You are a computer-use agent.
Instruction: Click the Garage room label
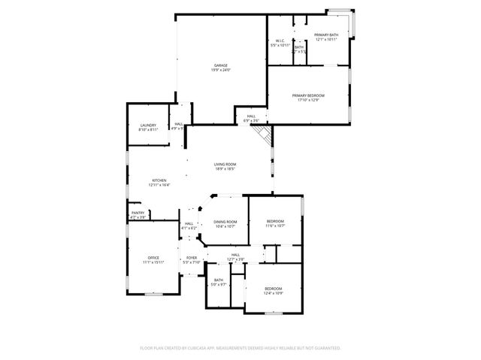[x=221, y=66]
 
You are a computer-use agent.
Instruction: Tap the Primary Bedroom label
[x=308, y=95]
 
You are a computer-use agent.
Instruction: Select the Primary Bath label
[x=326, y=35]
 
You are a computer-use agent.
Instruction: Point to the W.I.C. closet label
[x=280, y=41]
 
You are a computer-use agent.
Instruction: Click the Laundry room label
[x=147, y=126]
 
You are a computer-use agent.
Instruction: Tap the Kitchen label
[x=159, y=180]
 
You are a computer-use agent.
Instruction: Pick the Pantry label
[x=138, y=213]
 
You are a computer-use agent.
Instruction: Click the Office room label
[x=153, y=258]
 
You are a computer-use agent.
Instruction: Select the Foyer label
[x=192, y=258]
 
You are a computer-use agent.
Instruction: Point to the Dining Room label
[x=225, y=222]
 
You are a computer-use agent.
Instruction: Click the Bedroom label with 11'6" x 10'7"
[x=275, y=222]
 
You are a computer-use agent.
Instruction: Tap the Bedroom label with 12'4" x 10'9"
[x=273, y=289]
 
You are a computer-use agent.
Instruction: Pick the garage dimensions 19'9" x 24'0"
[x=221, y=71]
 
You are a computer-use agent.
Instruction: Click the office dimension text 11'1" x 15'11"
[x=153, y=262]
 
